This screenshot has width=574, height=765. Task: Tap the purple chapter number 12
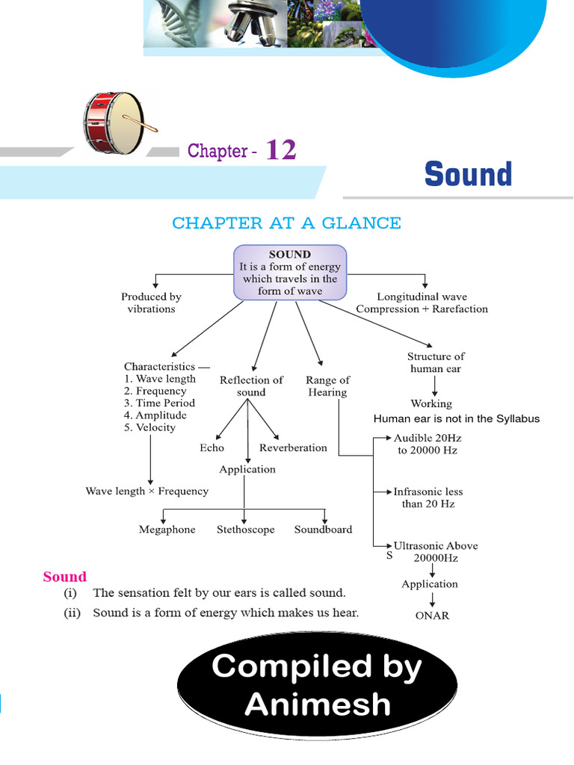(x=280, y=150)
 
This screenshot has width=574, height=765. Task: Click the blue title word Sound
(x=468, y=174)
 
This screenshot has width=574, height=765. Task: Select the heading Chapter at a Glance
(x=286, y=223)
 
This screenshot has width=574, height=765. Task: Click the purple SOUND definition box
(x=290, y=273)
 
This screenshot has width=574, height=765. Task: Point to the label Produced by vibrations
(x=151, y=303)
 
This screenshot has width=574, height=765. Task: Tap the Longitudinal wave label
(x=422, y=303)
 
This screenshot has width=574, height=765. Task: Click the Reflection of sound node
(x=251, y=385)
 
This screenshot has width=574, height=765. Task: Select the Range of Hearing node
(x=327, y=385)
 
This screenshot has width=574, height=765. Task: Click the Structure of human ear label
(x=436, y=362)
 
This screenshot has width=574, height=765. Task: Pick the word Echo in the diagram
(x=212, y=447)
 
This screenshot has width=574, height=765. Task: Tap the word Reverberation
(x=293, y=447)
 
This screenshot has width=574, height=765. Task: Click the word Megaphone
(x=167, y=530)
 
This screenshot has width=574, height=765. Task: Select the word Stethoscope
(x=245, y=530)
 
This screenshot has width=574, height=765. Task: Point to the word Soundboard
(x=323, y=530)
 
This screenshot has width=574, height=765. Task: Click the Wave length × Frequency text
(x=147, y=491)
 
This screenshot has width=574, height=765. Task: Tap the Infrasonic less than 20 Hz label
(x=428, y=498)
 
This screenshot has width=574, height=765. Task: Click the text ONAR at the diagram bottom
(x=432, y=616)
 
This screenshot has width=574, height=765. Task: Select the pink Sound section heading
(x=64, y=577)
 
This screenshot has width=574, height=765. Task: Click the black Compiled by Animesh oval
(x=317, y=685)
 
